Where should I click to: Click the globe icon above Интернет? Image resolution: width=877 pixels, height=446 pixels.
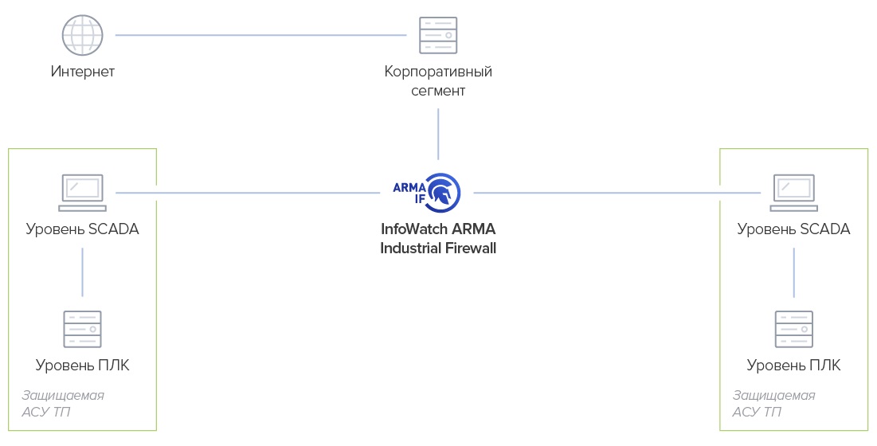[83, 35]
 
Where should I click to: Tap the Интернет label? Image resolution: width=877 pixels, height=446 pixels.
[83, 72]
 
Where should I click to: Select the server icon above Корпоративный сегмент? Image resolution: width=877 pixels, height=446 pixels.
[438, 35]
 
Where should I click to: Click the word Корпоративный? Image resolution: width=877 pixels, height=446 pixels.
[438, 72]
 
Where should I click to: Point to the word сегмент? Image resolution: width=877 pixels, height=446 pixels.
[438, 91]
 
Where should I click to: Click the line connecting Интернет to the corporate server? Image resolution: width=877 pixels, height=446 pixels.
[260, 35]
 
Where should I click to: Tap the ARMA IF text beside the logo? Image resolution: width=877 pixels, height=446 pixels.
[409, 192]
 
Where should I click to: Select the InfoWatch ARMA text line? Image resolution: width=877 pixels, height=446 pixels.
[438, 229]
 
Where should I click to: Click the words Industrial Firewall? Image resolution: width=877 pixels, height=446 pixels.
[438, 248]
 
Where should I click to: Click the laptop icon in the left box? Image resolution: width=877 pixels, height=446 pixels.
[83, 192]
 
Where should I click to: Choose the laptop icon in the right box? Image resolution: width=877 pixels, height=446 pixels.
[793, 192]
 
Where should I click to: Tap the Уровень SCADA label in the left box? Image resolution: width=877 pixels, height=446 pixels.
[83, 229]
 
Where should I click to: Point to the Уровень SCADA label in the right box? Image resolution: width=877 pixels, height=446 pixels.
[793, 229]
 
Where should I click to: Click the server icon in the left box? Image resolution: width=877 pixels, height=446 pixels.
[83, 328]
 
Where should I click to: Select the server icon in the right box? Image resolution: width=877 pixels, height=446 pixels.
[793, 328]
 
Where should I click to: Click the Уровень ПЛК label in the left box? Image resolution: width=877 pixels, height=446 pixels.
[83, 366]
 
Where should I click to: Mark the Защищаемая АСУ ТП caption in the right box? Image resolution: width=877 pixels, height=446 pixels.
[773, 404]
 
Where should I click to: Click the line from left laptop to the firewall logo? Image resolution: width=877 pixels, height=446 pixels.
[247, 192]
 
